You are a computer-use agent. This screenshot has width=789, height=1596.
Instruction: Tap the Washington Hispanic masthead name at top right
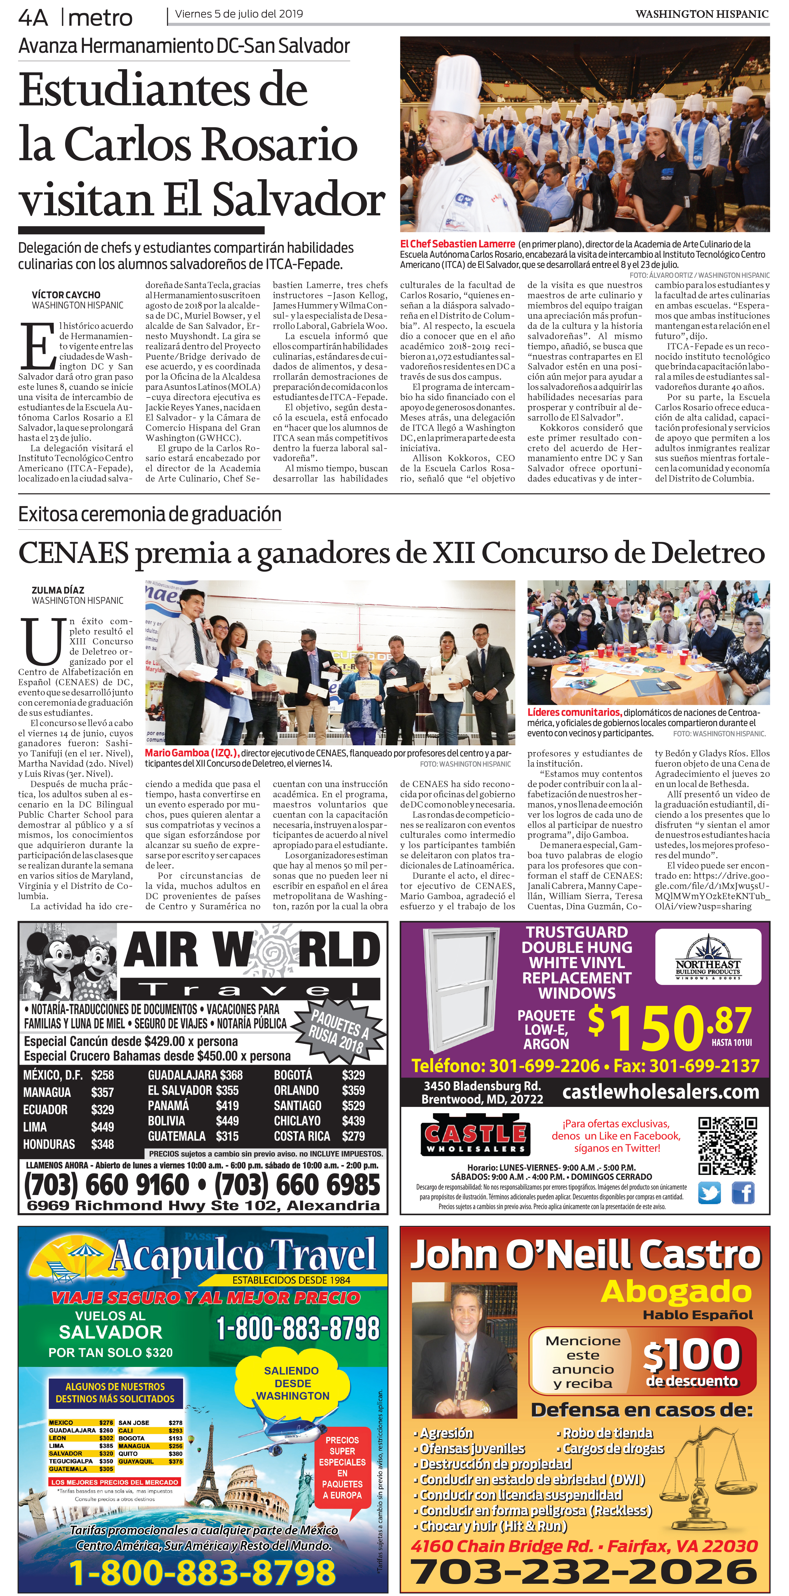pos(702,14)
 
